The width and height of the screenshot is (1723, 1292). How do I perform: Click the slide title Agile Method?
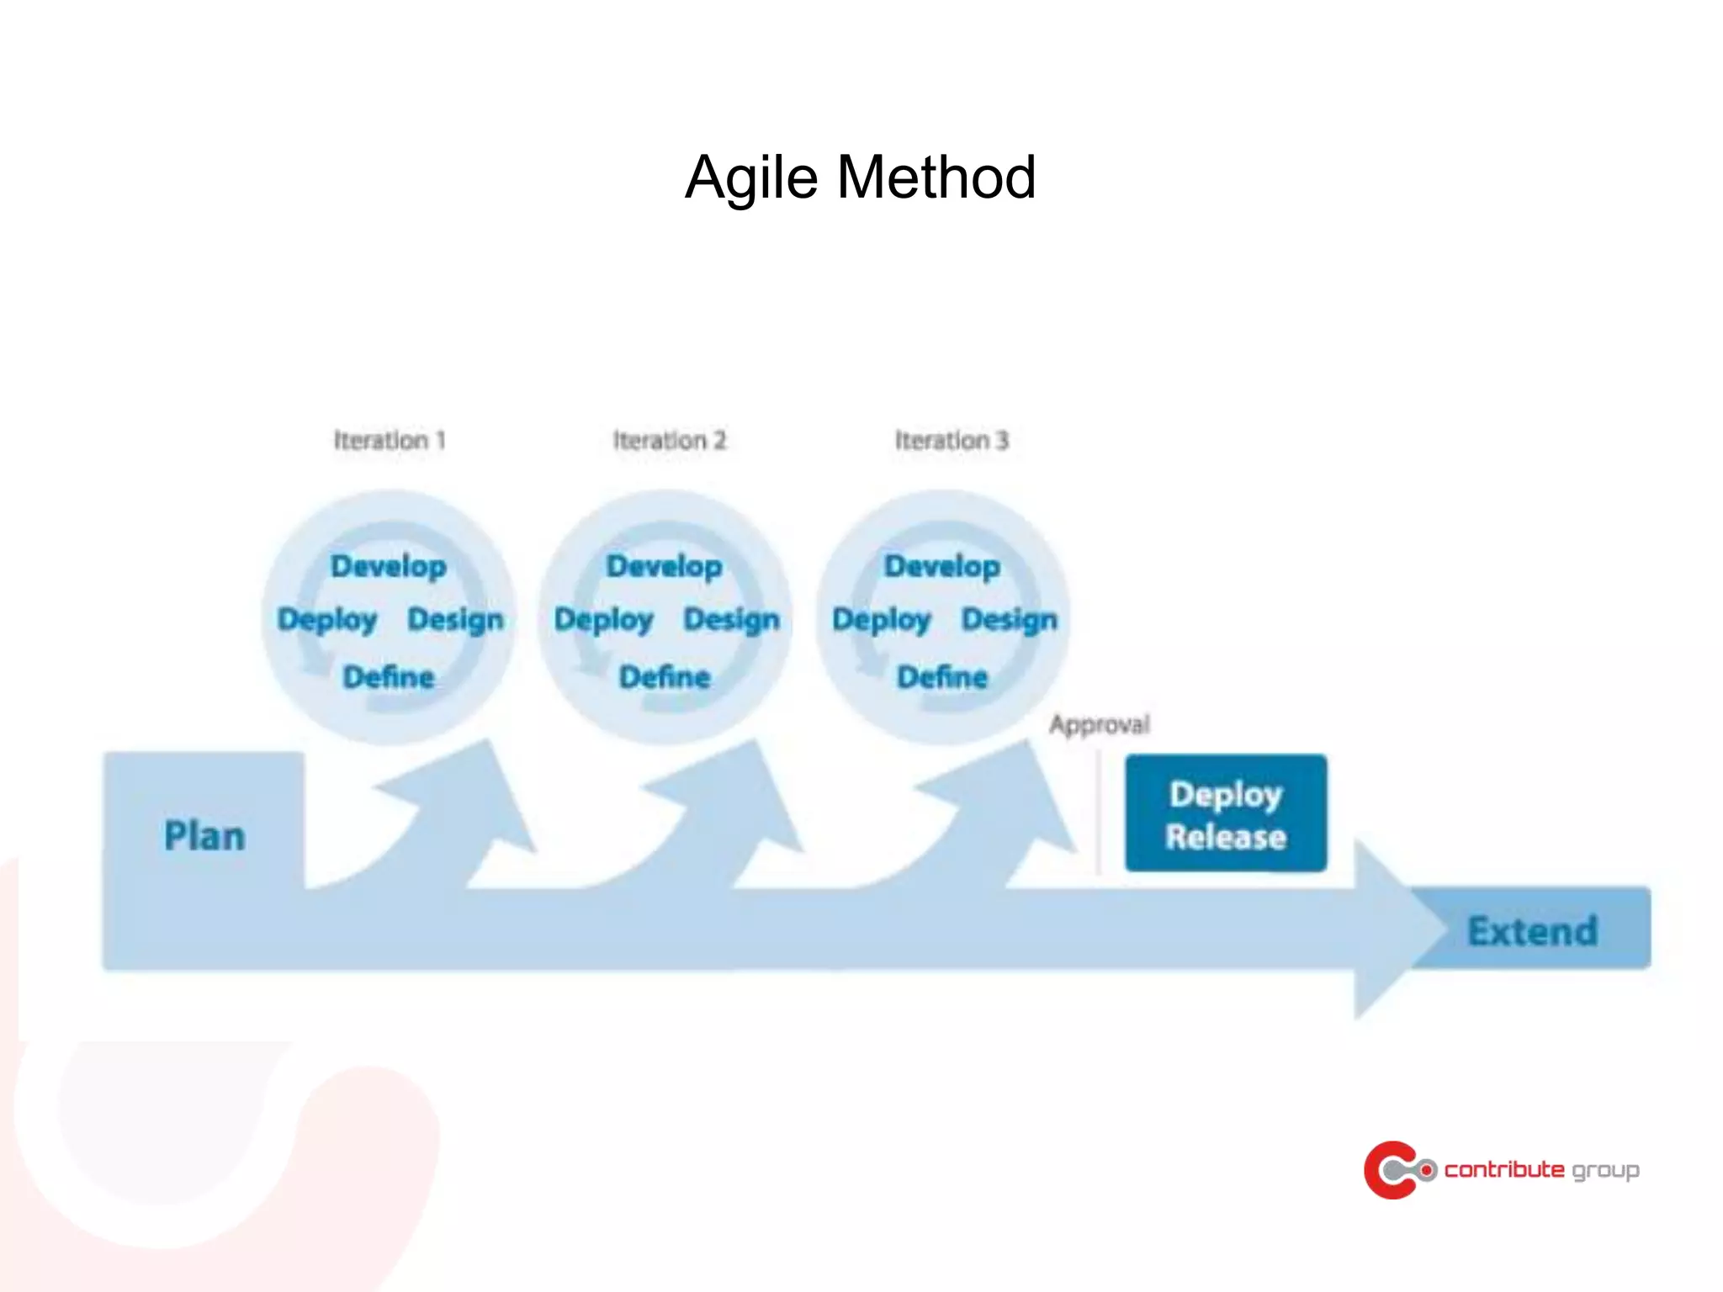pyautogui.click(x=860, y=177)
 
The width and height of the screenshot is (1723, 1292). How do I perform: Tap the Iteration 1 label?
pyautogui.click(x=389, y=440)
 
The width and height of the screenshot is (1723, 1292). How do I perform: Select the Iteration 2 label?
pyautogui.click(x=669, y=440)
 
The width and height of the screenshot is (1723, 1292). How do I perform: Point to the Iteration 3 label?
pyautogui.click(x=951, y=440)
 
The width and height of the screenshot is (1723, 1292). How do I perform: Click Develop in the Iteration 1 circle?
pyautogui.click(x=388, y=566)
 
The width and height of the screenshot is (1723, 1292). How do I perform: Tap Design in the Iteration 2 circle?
pyautogui.click(x=731, y=620)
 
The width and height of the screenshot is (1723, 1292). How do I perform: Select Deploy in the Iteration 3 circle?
pyautogui.click(x=881, y=620)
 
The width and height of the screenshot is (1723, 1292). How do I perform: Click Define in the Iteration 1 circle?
pyautogui.click(x=388, y=677)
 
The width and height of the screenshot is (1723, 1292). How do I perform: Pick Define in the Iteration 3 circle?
pyautogui.click(x=942, y=677)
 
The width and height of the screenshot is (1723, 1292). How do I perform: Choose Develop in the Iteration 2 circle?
pyautogui.click(x=664, y=566)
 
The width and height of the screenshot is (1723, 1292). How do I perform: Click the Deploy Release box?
pyautogui.click(x=1226, y=813)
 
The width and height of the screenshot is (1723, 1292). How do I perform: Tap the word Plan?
pyautogui.click(x=204, y=836)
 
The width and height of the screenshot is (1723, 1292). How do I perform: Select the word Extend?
pyautogui.click(x=1532, y=931)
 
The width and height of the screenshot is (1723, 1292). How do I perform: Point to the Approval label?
pyautogui.click(x=1099, y=724)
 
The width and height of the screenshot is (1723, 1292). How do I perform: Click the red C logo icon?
pyautogui.click(x=1392, y=1170)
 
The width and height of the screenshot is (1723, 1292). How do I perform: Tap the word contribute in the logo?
pyautogui.click(x=1503, y=1170)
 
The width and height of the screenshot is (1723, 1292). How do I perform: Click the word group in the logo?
pyautogui.click(x=1605, y=1171)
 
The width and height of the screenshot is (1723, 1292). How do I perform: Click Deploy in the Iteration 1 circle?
pyautogui.click(x=326, y=620)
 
